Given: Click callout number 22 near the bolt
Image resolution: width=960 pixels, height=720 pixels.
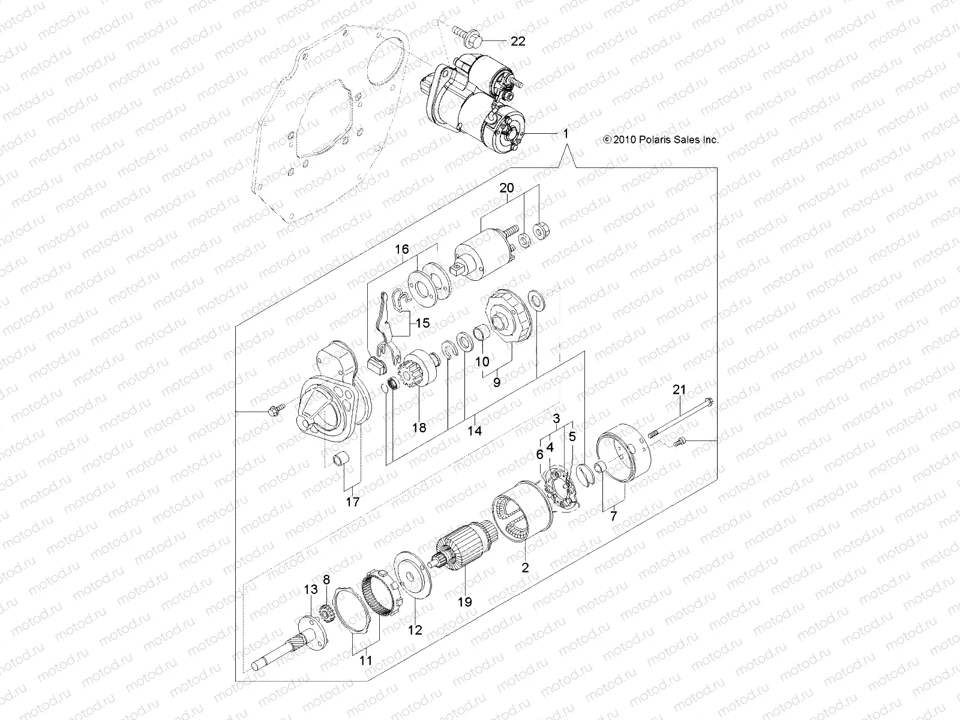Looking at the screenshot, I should tap(517, 41).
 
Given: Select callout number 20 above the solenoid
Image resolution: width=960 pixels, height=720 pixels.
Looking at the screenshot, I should tap(506, 188).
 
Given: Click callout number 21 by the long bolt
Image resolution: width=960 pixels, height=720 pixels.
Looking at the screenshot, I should tap(679, 390).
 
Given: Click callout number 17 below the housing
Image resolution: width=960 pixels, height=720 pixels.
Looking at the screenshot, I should tap(353, 502).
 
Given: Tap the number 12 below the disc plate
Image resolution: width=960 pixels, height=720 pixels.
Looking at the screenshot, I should tap(415, 630).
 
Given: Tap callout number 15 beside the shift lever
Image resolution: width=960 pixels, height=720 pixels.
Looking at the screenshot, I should tap(422, 323).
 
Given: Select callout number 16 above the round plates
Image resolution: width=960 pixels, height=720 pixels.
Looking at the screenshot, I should tap(418, 248).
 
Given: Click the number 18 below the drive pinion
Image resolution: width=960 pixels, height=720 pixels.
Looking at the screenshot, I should tap(419, 427).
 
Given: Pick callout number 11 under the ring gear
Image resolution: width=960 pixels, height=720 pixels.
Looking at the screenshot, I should tap(366, 660).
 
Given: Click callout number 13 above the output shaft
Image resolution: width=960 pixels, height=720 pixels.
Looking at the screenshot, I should tap(310, 591).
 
